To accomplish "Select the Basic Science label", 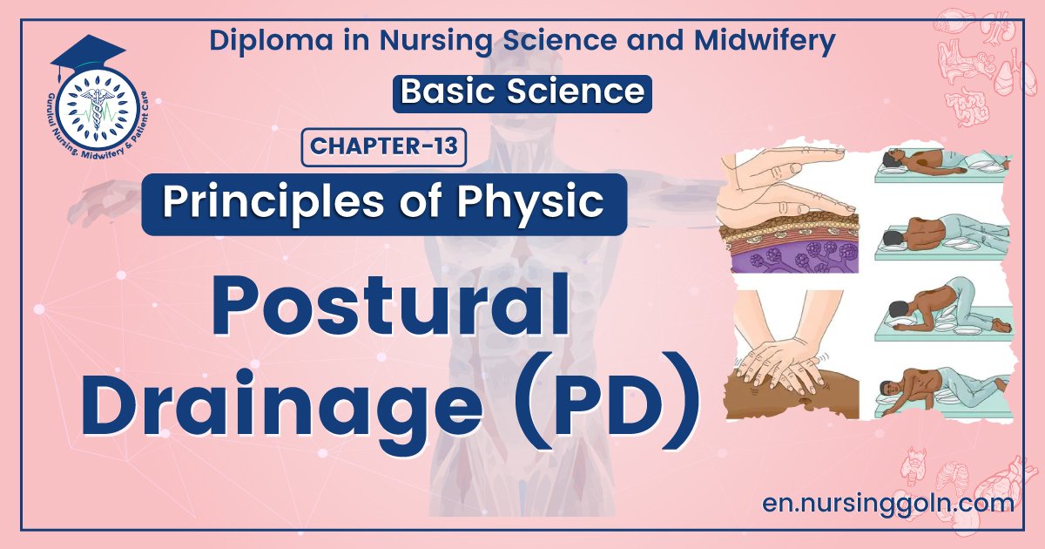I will (x=522, y=91).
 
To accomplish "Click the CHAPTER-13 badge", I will (x=384, y=146).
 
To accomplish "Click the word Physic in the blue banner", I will (x=543, y=203).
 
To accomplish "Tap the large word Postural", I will (x=389, y=306).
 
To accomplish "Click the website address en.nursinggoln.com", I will (x=887, y=503).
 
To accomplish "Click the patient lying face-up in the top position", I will (x=940, y=162).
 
